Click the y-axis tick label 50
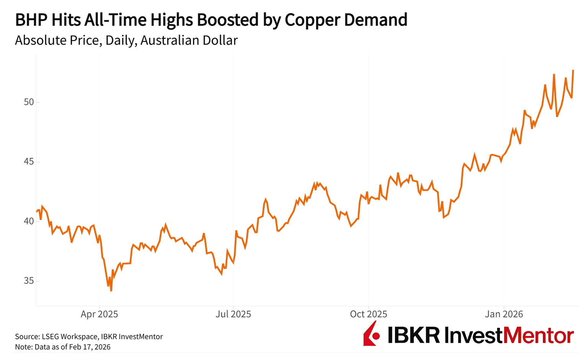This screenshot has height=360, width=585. [29, 102]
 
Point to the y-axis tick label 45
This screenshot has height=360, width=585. [29, 162]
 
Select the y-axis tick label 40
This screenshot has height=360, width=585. [29, 221]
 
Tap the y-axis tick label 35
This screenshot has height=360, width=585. [29, 281]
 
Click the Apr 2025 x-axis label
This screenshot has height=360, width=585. [99, 314]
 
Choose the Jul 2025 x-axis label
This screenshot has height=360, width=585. [233, 314]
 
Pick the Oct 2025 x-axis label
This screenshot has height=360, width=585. [368, 314]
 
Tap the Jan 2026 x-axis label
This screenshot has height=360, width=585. [503, 314]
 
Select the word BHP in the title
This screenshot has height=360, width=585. [31, 20]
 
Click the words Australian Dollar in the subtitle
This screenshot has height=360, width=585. [189, 40]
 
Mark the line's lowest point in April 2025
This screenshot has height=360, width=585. [111, 291]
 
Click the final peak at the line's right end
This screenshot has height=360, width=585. [573, 70]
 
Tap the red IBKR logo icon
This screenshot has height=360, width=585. [371, 334]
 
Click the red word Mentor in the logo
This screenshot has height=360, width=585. [538, 335]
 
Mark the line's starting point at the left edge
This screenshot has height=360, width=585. [37, 211]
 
